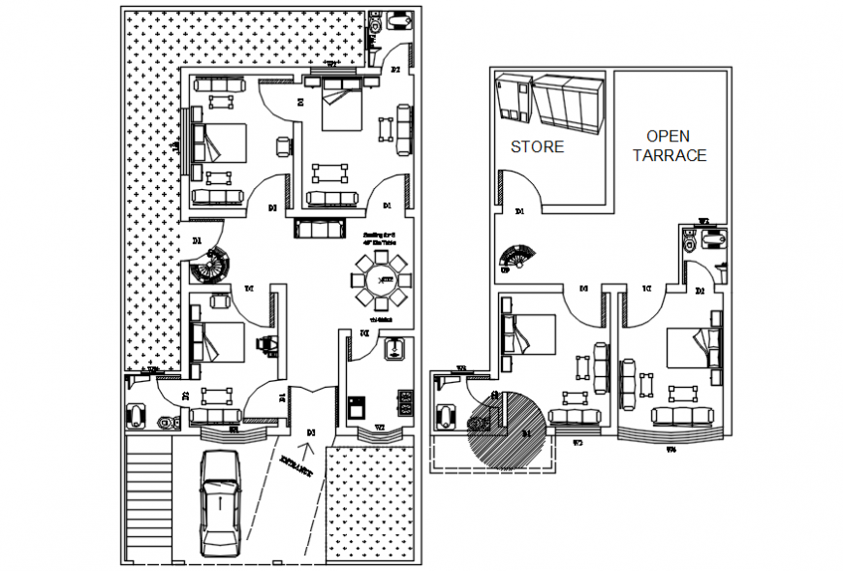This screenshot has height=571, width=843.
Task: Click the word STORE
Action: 537,147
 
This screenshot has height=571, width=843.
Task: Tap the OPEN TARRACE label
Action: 670,145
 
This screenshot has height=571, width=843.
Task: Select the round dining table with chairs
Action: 383,279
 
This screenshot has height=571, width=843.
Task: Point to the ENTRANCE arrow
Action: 309,449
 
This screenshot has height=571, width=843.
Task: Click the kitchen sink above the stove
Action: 395,349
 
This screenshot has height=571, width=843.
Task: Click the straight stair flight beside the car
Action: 148,494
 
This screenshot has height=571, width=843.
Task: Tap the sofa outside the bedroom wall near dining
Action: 319,229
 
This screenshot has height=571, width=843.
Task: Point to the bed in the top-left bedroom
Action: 220,144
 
